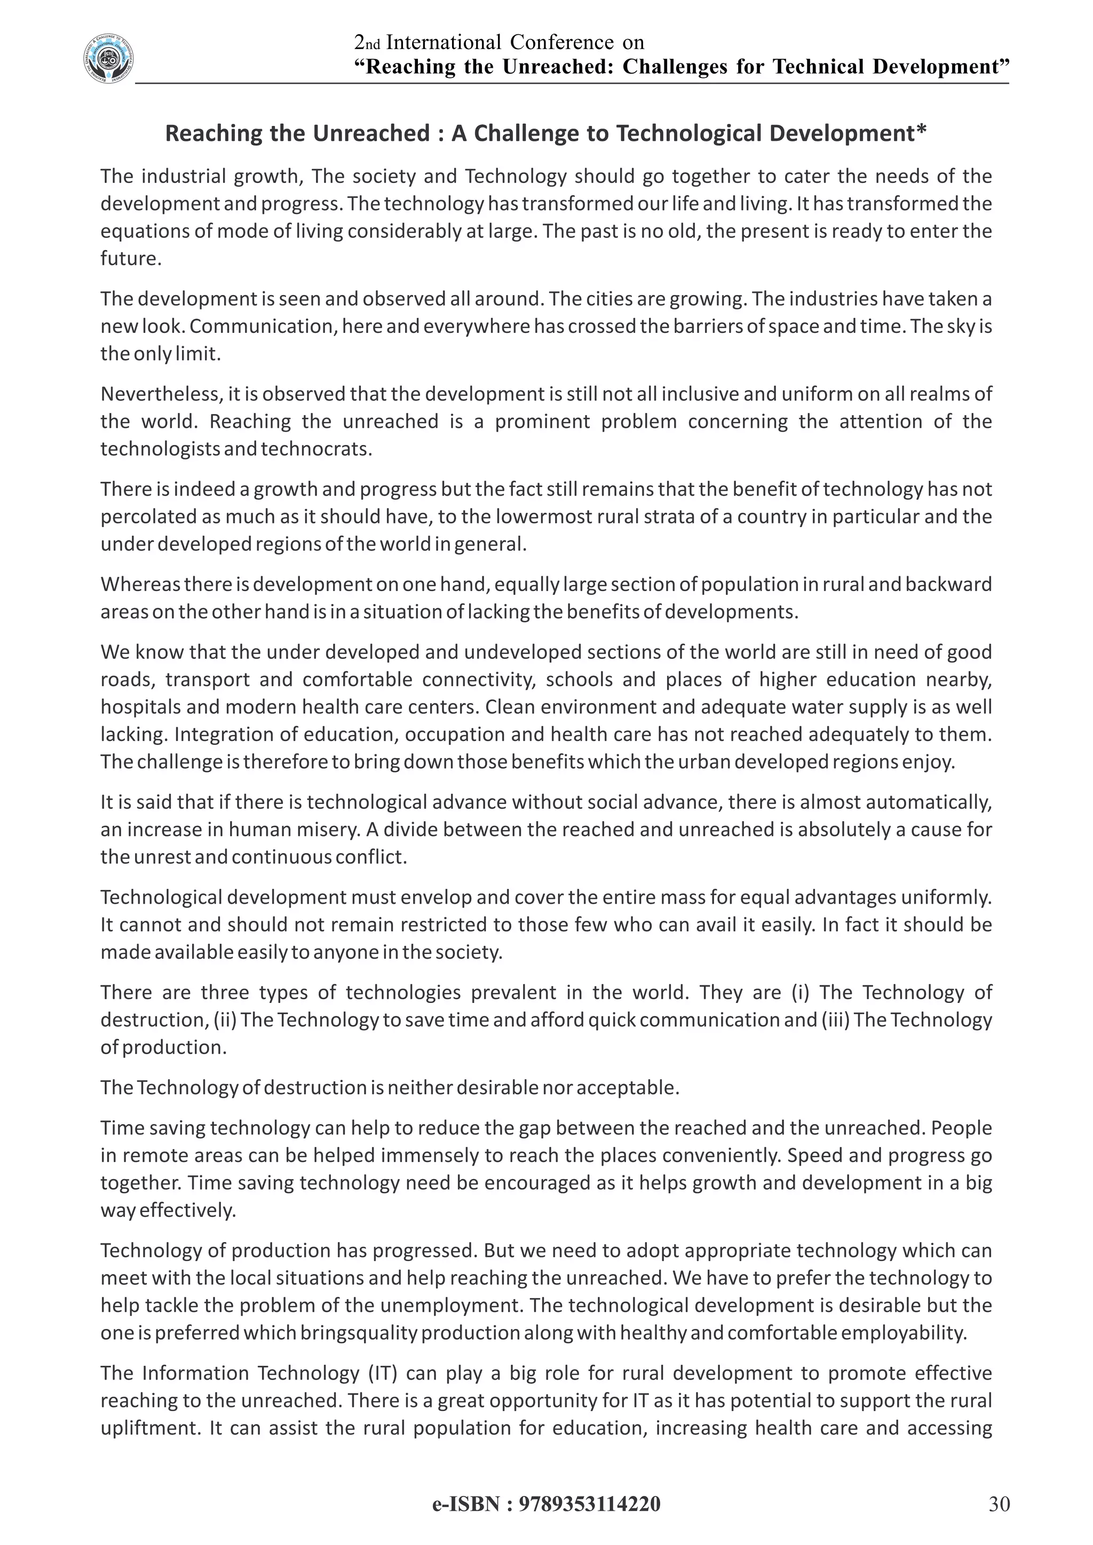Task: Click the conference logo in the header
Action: (108, 60)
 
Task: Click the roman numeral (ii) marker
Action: (225, 1020)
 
